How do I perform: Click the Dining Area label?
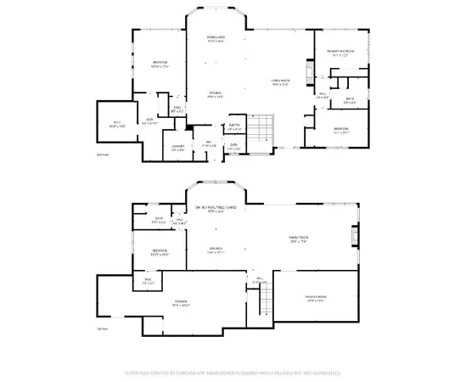pos(216,39)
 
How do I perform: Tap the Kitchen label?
pos(216,95)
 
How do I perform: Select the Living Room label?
pos(281,82)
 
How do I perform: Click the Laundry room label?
pos(177,148)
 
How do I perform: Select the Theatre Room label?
pos(317,298)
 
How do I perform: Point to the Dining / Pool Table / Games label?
pos(216,210)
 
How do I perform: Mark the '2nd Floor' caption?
pos(102,155)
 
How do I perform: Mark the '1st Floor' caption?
pos(102,329)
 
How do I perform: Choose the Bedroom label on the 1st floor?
pos(159,251)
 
